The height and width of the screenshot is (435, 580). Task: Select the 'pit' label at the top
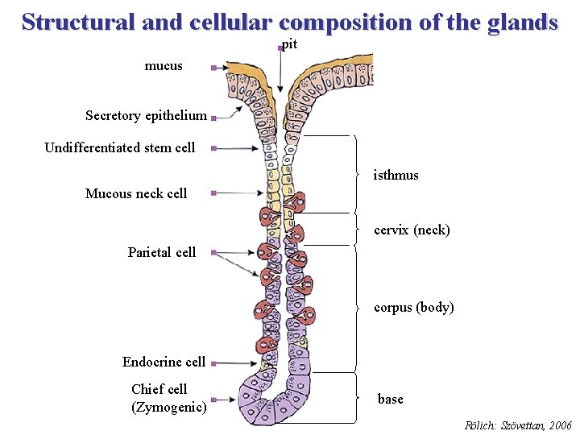(x=290, y=45)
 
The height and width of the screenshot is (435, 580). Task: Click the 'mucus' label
(x=164, y=66)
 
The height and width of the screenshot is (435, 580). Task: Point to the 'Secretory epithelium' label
(x=146, y=116)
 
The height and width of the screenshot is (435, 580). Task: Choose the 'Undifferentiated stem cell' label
(x=119, y=147)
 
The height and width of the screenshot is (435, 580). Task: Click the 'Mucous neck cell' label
(x=136, y=193)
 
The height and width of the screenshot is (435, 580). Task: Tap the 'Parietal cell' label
(x=161, y=252)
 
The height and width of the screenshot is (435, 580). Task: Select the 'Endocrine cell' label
(x=164, y=362)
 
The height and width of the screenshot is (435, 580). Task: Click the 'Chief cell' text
(x=159, y=389)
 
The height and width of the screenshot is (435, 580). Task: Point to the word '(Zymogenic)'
(x=168, y=408)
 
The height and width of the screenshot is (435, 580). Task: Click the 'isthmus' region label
(x=396, y=175)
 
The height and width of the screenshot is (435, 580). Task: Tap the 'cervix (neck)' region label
(x=412, y=230)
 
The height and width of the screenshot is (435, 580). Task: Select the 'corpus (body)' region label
(x=414, y=308)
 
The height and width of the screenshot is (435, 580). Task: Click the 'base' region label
(x=391, y=400)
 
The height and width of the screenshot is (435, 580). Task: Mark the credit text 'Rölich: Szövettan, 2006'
(x=519, y=425)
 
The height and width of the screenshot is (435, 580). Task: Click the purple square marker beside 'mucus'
(x=213, y=69)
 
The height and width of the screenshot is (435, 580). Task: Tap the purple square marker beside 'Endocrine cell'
(x=213, y=364)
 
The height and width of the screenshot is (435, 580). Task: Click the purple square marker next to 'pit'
(x=280, y=48)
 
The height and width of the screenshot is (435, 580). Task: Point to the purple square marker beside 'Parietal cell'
(x=213, y=253)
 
